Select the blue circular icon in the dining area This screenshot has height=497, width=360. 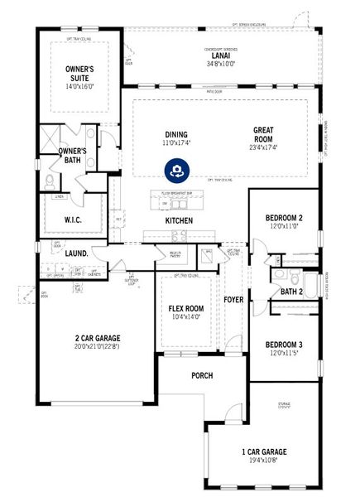pyautogui.click(x=176, y=170)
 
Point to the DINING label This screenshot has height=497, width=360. pyautogui.click(x=175, y=135)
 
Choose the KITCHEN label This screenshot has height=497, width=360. pyautogui.click(x=179, y=221)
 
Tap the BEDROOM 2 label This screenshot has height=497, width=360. pyautogui.click(x=284, y=218)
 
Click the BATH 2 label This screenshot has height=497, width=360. pyautogui.click(x=290, y=291)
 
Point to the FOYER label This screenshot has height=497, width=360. pyautogui.click(x=233, y=300)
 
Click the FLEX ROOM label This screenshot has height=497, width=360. pyautogui.click(x=180, y=308)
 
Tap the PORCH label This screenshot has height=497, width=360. pyautogui.click(x=201, y=375)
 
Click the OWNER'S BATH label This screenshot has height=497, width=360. pyautogui.click(x=74, y=156)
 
